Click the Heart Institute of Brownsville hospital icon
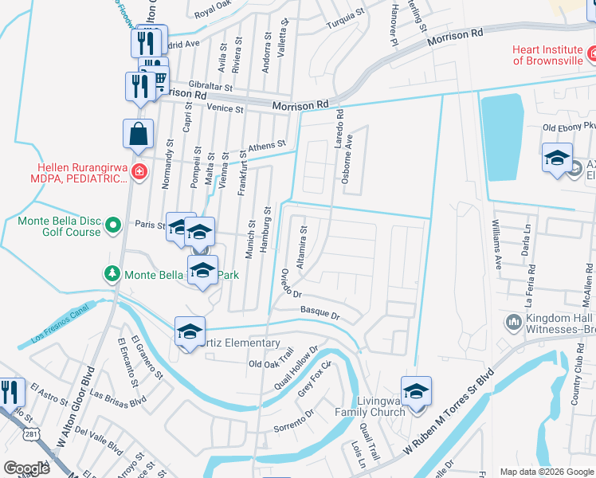[592, 54]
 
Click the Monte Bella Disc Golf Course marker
[112, 225]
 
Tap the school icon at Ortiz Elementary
[190, 332]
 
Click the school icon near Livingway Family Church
[415, 392]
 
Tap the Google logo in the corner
[27, 468]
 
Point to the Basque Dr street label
[320, 312]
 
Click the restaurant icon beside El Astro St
[10, 392]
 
